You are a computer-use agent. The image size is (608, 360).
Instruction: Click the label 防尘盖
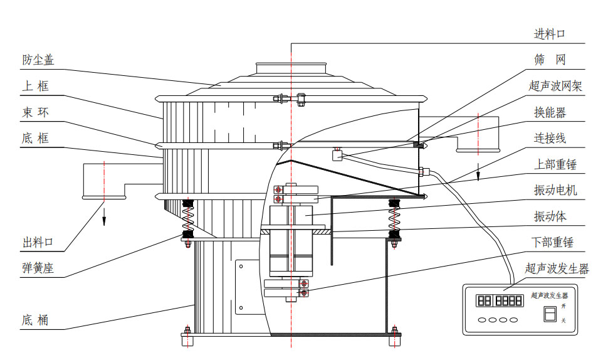38,60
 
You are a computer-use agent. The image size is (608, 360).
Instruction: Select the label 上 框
35,87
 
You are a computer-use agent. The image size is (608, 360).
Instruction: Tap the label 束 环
35,113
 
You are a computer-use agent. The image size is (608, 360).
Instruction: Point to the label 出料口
38,242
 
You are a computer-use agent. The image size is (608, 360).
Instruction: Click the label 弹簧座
38,269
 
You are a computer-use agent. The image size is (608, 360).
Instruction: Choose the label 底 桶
35,320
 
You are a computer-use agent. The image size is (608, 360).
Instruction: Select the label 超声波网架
556,86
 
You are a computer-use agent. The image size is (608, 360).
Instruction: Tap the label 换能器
550,112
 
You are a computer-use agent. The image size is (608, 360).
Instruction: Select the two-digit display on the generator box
485,301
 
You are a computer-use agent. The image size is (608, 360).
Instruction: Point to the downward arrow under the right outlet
478,171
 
